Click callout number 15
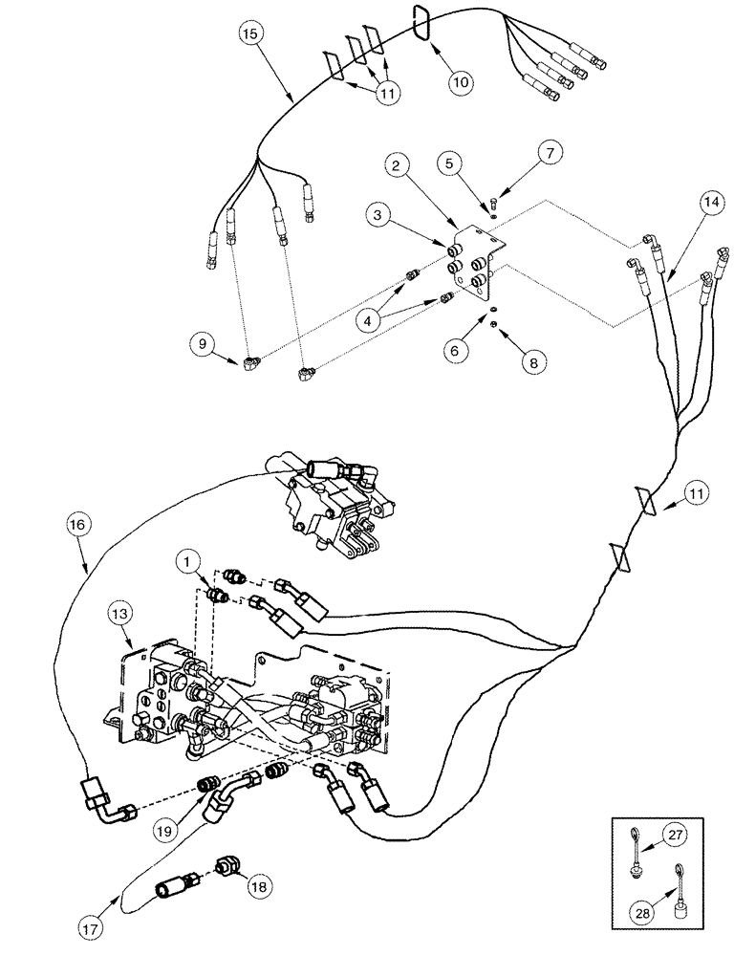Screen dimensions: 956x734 tap(250, 34)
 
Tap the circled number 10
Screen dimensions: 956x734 tap(461, 82)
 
